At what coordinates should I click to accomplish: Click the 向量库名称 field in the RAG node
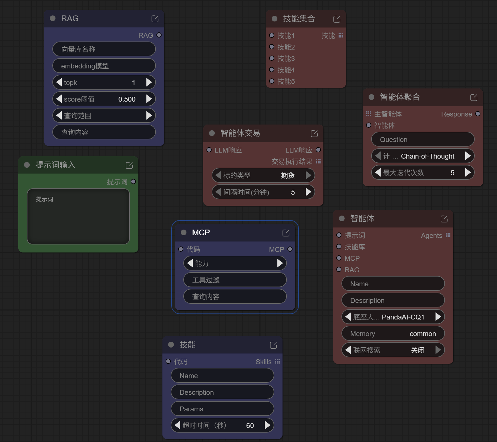click(104, 49)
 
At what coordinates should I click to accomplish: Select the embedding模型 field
click(104, 66)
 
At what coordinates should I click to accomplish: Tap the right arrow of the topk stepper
click(149, 82)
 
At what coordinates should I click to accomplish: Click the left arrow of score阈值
click(59, 99)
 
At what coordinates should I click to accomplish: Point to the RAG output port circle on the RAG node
click(159, 35)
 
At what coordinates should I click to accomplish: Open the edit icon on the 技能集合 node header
click(337, 19)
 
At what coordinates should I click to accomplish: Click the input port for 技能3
click(272, 58)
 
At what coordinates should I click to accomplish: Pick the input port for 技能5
click(272, 81)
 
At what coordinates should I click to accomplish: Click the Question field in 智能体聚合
click(423, 139)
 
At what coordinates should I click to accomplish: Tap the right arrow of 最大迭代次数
click(468, 173)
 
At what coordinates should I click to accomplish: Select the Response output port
click(478, 114)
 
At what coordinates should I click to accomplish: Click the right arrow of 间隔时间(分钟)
click(308, 192)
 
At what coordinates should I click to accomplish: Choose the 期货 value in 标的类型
click(288, 175)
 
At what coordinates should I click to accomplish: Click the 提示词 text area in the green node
click(78, 216)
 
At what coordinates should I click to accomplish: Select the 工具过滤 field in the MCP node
click(235, 280)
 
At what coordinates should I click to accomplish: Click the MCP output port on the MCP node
click(290, 249)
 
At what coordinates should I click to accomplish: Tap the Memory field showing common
click(393, 334)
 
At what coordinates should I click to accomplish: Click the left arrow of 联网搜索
click(348, 350)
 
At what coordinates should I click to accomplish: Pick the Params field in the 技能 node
click(222, 409)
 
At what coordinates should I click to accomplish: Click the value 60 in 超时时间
click(250, 426)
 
